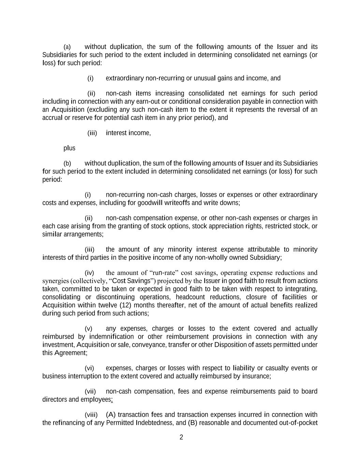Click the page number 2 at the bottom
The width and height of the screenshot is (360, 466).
pyautogui.click(x=181, y=437)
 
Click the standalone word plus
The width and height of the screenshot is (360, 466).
pyautogui.click(x=69, y=148)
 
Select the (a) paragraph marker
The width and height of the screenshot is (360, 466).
pyautogui.click(x=67, y=47)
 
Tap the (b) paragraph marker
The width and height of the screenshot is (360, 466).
pyautogui.click(x=67, y=164)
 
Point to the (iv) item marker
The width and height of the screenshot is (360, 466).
pyautogui.click(x=89, y=273)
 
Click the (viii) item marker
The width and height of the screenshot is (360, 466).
pyautogui.click(x=91, y=415)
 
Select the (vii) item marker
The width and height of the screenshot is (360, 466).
pyautogui.click(x=90, y=392)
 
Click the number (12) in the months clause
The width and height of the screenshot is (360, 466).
pyautogui.click(x=125, y=305)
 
